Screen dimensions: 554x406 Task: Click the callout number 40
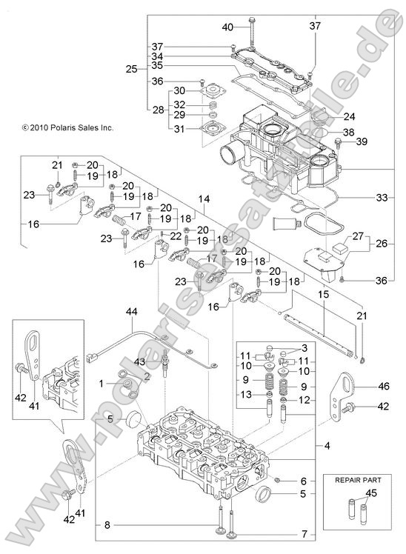point(228,27)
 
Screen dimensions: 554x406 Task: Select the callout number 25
point(131,69)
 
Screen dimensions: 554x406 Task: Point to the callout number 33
point(382,198)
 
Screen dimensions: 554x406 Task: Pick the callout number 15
point(323,294)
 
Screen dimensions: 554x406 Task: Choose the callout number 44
point(131,313)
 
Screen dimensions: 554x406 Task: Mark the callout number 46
point(383,386)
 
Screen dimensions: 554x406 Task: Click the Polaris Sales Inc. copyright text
point(67,127)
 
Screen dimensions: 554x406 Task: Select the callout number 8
point(108,526)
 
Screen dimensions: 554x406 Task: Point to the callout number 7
point(303,534)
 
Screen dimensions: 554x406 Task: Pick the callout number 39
point(382,141)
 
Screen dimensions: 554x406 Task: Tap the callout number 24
point(349,116)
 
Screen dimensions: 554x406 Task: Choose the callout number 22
point(175,236)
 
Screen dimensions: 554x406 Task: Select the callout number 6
point(303,481)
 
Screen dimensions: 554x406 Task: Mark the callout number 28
point(158,110)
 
